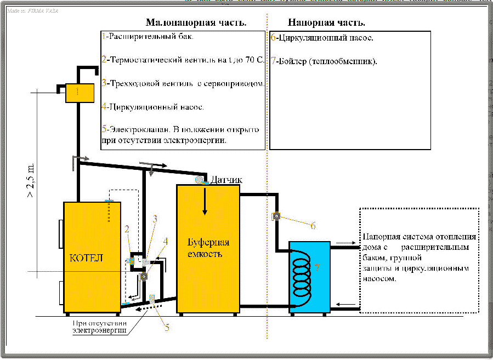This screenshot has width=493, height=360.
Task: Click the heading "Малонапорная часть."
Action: (196, 23)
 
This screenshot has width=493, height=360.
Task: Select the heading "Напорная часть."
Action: (326, 23)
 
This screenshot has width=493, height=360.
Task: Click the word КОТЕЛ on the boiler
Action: (85, 258)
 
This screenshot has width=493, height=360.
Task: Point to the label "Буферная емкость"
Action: (208, 248)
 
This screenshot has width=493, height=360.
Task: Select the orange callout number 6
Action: (313, 225)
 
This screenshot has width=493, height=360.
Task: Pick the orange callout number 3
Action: (155, 219)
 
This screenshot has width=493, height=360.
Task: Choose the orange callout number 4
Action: (166, 241)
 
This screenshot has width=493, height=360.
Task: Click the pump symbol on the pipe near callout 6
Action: (277, 216)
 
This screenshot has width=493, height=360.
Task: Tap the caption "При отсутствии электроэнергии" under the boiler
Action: (99, 327)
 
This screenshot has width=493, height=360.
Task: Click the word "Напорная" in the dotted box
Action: (379, 237)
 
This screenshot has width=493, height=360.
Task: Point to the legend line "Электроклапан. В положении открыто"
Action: (181, 130)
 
